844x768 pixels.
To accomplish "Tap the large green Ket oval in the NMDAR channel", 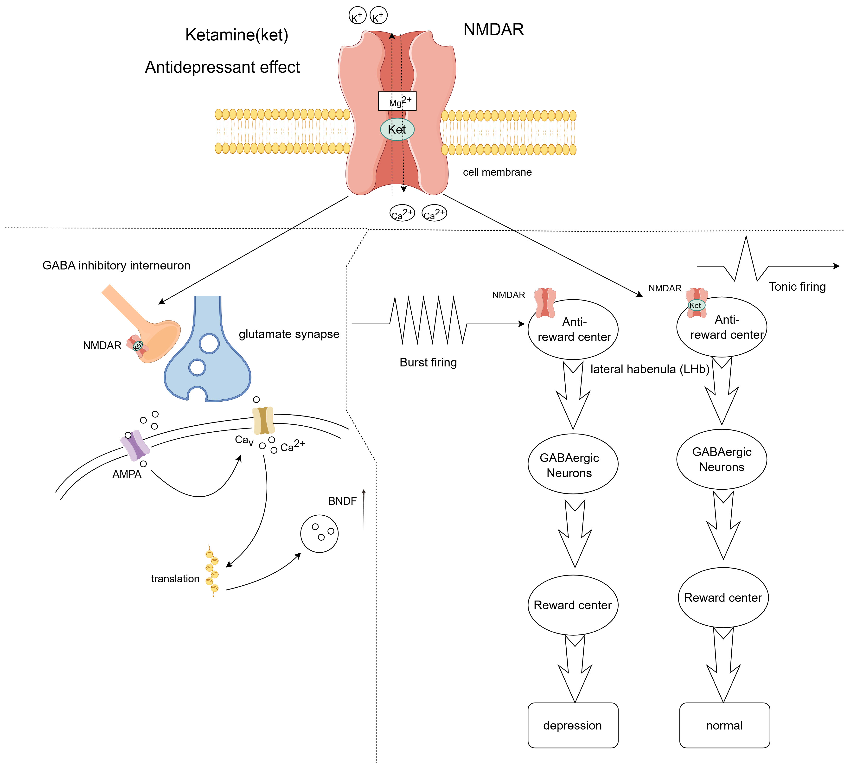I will [x=397, y=129].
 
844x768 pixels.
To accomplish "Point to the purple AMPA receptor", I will [x=135, y=445].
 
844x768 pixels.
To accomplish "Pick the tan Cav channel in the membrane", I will [x=263, y=420].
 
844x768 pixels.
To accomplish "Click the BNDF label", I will [x=342, y=501].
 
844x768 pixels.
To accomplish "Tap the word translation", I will [x=175, y=579].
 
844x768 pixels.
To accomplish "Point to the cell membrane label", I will [x=497, y=172].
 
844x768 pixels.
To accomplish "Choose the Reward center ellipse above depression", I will [x=573, y=605].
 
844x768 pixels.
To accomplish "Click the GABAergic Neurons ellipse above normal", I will [x=722, y=459].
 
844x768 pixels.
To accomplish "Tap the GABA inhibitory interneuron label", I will [x=116, y=265].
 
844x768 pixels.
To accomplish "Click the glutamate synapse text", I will [x=289, y=334].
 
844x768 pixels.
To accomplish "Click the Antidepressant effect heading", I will [x=222, y=67].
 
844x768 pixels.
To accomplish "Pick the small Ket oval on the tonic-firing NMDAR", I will [x=695, y=305].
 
